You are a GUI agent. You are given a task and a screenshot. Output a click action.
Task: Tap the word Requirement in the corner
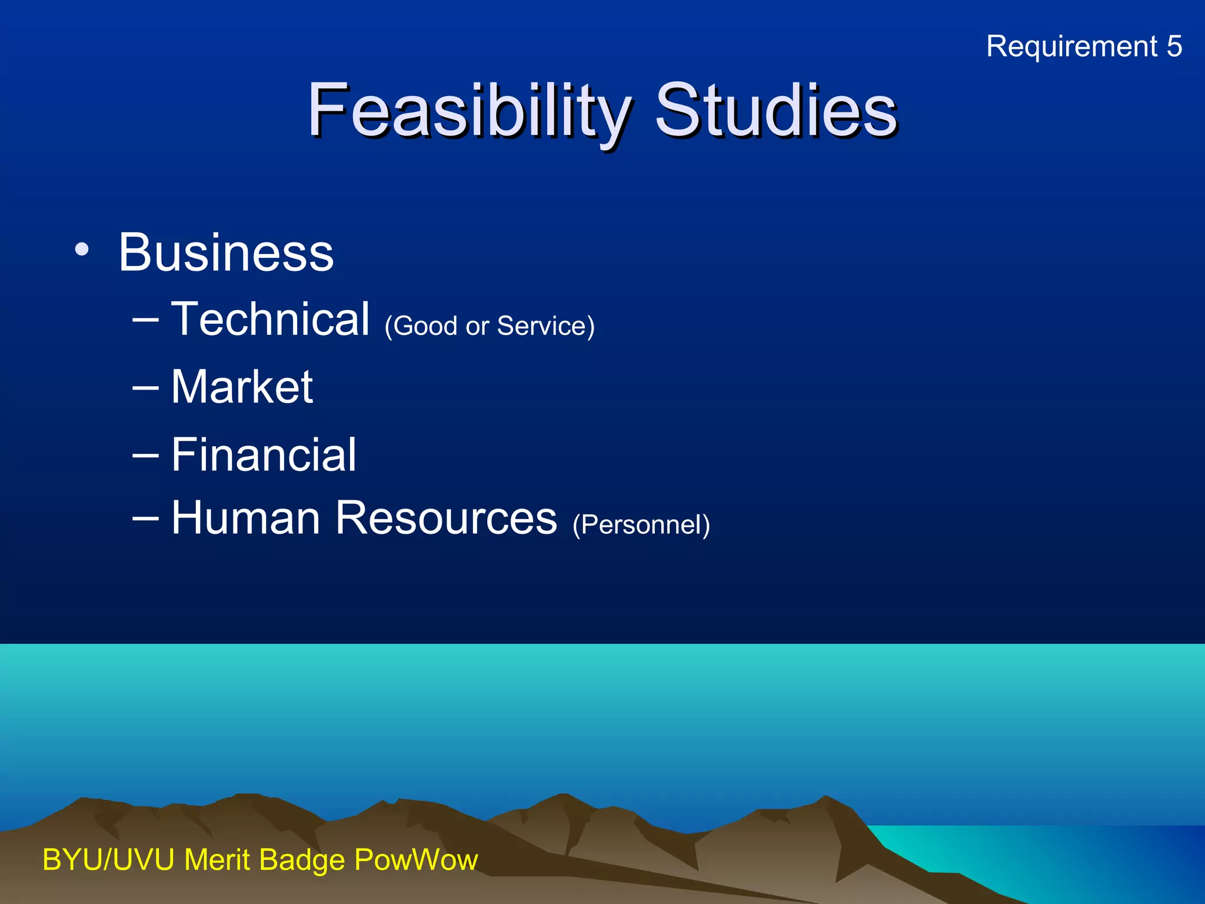[1071, 46]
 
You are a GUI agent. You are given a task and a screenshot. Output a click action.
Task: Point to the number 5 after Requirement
[1174, 46]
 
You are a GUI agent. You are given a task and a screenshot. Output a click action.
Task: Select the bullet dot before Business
[82, 250]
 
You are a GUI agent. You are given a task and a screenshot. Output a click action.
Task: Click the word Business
[226, 252]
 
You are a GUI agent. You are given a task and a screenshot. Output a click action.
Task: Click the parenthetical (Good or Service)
[489, 326]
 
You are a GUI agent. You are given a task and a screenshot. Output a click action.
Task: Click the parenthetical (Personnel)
[641, 524]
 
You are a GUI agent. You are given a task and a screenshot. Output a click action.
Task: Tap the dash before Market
[145, 388]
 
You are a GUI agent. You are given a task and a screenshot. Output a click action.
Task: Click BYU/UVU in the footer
[108, 860]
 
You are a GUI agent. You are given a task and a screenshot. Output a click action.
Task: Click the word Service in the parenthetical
[541, 326]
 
